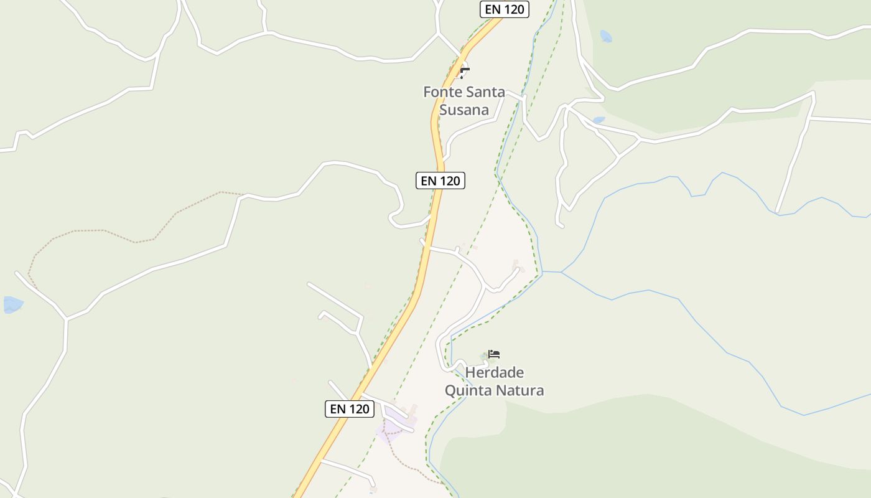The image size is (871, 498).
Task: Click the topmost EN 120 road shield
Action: point(505,9)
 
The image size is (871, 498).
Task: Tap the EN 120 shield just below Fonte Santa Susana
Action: point(440,181)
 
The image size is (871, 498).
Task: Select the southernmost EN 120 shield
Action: point(350,409)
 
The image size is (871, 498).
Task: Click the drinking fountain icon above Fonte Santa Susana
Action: point(464,72)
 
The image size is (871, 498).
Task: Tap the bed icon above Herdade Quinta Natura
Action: point(494,354)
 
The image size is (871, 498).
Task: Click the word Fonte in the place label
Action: point(442,92)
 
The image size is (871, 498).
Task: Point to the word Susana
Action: point(464,110)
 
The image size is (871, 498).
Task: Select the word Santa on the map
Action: point(486,92)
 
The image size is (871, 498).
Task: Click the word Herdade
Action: point(495,373)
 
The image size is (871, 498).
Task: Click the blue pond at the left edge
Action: point(12,304)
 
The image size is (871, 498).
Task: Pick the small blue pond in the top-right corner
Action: point(605,36)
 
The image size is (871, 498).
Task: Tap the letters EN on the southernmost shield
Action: point(338,409)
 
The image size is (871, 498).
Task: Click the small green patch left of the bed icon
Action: point(484,357)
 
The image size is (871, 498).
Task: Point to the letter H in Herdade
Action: point(470,373)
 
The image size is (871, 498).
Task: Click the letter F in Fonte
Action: point(427,92)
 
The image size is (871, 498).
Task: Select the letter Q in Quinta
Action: point(450,391)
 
